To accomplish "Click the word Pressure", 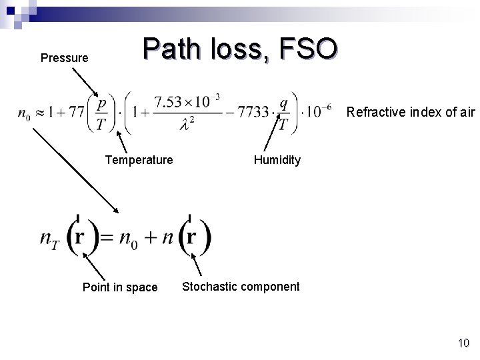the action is (64, 58).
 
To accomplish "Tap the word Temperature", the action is (139, 160).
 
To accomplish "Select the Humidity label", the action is (277, 160).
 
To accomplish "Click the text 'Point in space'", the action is (119, 287).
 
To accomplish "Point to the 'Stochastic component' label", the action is (241, 287).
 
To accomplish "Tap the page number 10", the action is (463, 343).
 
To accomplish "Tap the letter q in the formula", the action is (284, 103).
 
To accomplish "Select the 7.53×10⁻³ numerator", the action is (186, 102).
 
